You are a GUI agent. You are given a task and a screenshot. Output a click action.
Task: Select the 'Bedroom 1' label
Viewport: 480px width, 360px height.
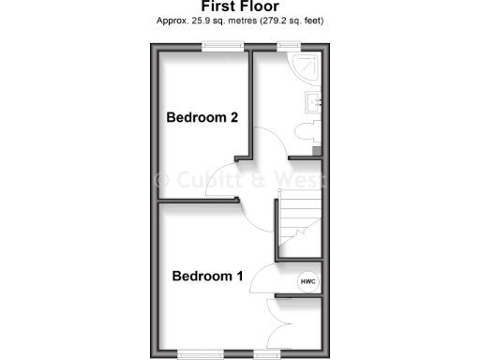click(x=207, y=277)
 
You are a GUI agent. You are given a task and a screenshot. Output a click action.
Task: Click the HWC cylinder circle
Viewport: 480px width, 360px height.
click(x=307, y=281)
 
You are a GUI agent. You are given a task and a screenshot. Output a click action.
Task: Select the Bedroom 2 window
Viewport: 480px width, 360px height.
click(x=222, y=46)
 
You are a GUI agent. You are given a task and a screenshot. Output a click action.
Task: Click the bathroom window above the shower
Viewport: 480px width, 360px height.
click(x=288, y=46)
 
